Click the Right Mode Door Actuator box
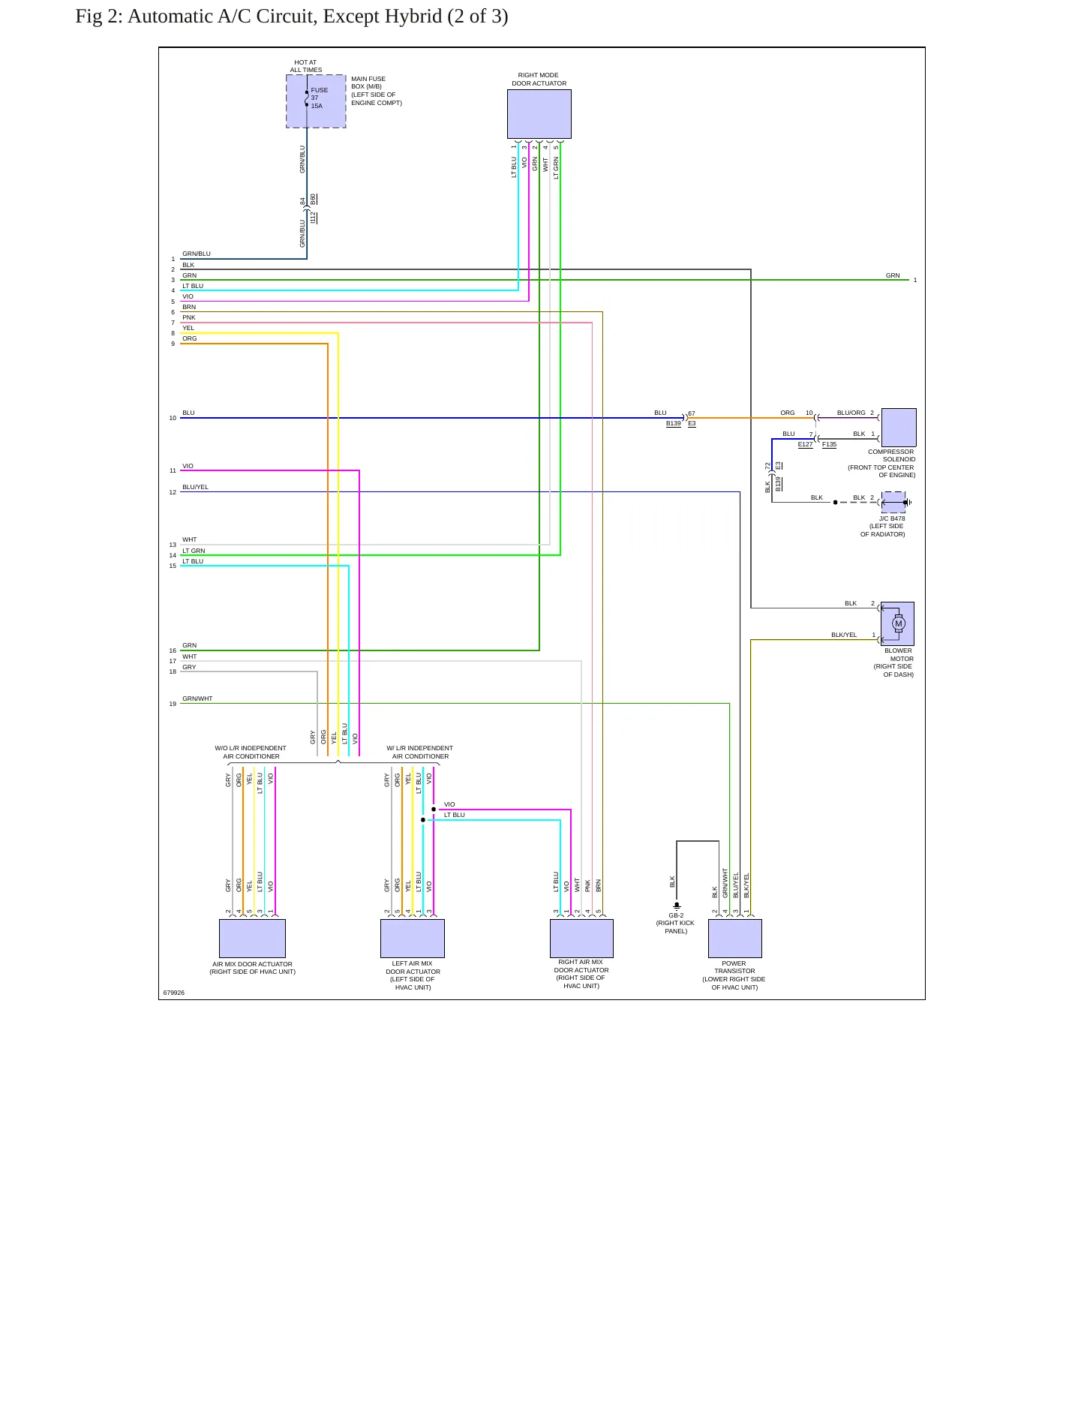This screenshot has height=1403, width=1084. (x=539, y=114)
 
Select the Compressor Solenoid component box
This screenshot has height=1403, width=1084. (x=899, y=428)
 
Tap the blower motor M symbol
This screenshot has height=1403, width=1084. (x=899, y=623)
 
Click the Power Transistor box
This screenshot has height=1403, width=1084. (x=735, y=939)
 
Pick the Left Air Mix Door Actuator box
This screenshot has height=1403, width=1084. (x=413, y=939)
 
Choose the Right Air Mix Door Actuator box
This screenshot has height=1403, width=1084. (x=581, y=939)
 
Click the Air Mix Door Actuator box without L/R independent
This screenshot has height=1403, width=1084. (x=252, y=939)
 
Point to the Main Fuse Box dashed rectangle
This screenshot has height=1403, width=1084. (x=316, y=101)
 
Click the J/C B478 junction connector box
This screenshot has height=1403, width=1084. (x=893, y=502)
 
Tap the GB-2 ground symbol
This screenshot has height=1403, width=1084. (x=677, y=906)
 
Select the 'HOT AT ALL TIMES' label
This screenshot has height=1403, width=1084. (x=306, y=66)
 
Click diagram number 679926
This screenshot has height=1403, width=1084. (x=174, y=993)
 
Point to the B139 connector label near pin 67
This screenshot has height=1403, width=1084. (x=674, y=424)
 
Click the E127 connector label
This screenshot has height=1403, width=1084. (x=805, y=445)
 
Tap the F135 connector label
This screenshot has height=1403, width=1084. (x=829, y=445)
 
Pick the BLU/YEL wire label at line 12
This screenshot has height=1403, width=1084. (x=195, y=487)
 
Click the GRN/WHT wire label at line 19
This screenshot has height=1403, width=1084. (x=197, y=698)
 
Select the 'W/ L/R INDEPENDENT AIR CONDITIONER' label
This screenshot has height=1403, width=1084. (x=420, y=753)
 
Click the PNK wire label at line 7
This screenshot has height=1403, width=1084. (x=188, y=317)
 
